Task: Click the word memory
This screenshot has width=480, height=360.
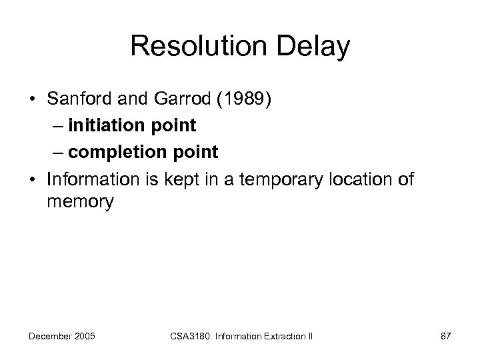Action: click(x=81, y=201)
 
